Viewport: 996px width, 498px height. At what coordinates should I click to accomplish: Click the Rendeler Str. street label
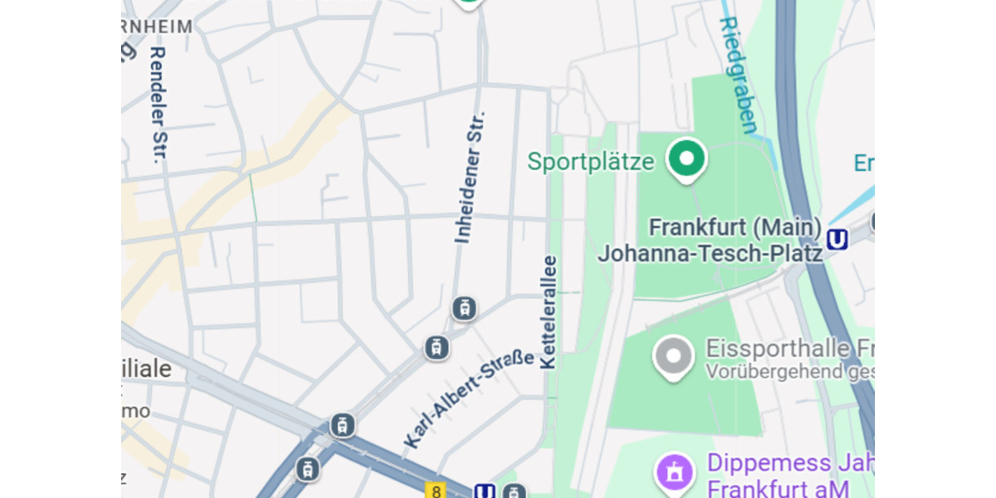[158, 104]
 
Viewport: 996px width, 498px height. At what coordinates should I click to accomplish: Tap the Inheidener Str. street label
[470, 177]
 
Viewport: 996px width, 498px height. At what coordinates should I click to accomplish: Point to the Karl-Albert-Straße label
[469, 398]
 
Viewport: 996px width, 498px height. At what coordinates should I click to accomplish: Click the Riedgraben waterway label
[738, 76]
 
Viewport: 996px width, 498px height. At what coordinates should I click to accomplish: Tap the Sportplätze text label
[591, 161]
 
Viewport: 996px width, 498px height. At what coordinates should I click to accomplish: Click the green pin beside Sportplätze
[687, 159]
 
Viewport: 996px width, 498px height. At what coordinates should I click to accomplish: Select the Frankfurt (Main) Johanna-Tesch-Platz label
[710, 240]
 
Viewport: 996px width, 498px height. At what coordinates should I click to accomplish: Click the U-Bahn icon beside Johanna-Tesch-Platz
[837, 240]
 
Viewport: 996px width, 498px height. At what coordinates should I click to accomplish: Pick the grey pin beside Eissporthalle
[673, 356]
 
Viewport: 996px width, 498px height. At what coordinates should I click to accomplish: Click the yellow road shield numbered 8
[436, 491]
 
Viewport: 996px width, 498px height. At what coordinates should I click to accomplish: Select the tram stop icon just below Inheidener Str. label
[464, 309]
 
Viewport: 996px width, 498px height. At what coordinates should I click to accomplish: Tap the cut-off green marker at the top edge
[470, 3]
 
